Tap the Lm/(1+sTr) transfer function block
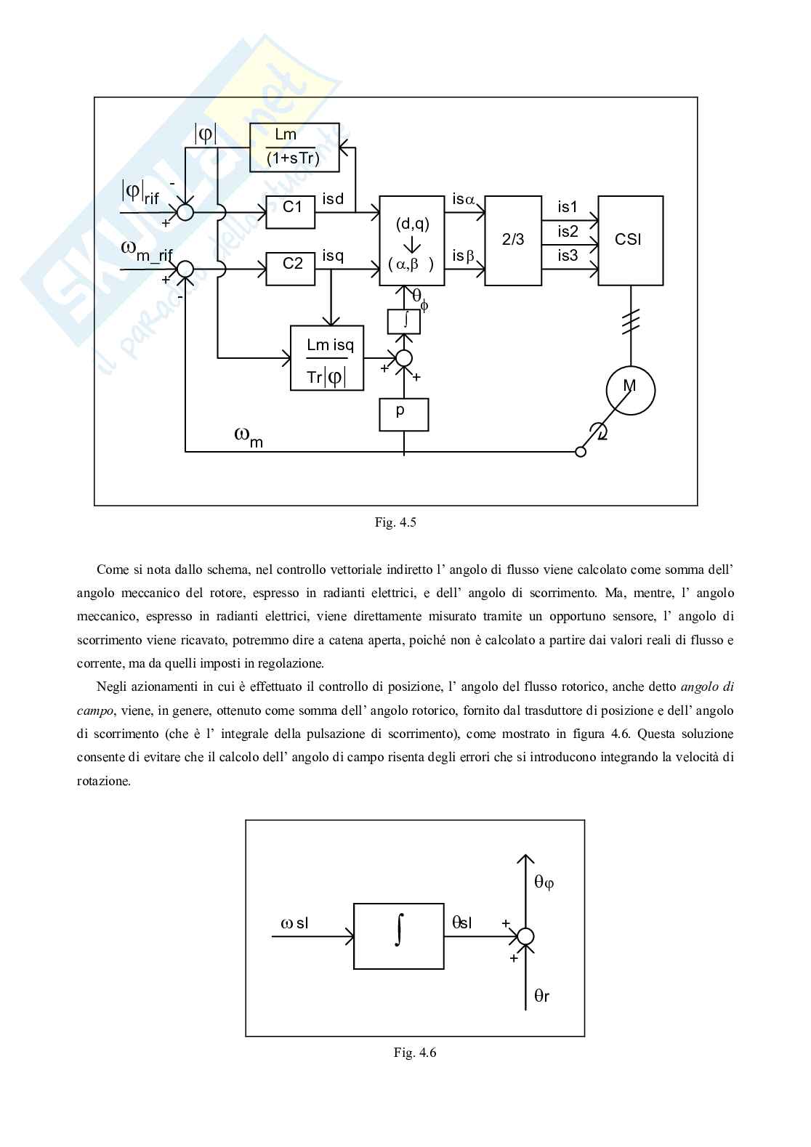click(x=294, y=147)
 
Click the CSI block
click(x=630, y=240)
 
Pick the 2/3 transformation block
click(x=513, y=240)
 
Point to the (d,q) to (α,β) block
click(x=412, y=240)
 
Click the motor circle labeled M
click(x=630, y=390)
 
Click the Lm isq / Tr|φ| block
click(x=327, y=358)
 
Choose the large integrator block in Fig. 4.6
click(x=398, y=936)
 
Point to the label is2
click(x=568, y=232)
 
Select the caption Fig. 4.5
click(x=395, y=522)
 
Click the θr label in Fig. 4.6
click(x=542, y=996)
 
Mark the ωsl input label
click(x=294, y=923)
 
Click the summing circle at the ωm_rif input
click(x=185, y=269)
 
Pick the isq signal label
click(x=334, y=256)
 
